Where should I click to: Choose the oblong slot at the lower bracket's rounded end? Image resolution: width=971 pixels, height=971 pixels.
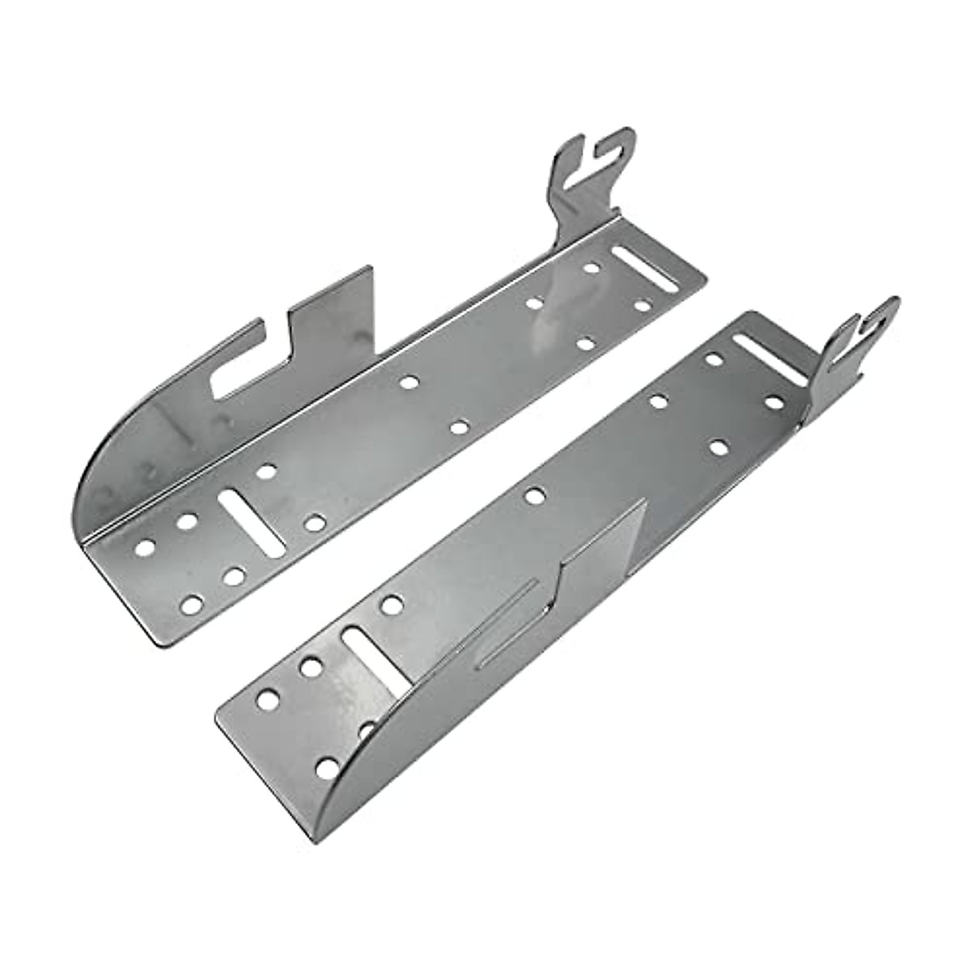374,659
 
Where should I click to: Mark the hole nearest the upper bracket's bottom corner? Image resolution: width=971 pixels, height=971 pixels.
192,604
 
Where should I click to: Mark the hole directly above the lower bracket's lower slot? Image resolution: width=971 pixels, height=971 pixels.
391,603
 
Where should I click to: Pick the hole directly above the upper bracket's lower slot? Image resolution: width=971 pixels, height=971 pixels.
266,471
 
